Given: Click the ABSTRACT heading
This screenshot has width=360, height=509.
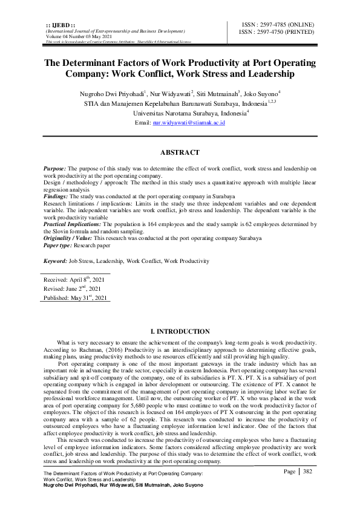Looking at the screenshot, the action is [x=180, y=153].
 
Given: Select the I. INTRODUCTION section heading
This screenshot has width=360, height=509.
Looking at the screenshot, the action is [x=180, y=332].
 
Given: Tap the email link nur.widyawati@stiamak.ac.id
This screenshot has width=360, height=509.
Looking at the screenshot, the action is [x=189, y=122].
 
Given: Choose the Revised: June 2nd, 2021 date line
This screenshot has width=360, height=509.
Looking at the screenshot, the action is [x=73, y=289].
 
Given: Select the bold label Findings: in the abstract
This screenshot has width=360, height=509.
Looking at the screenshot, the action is [x=56, y=197].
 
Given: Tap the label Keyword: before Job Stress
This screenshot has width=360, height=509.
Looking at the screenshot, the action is [x=55, y=261].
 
